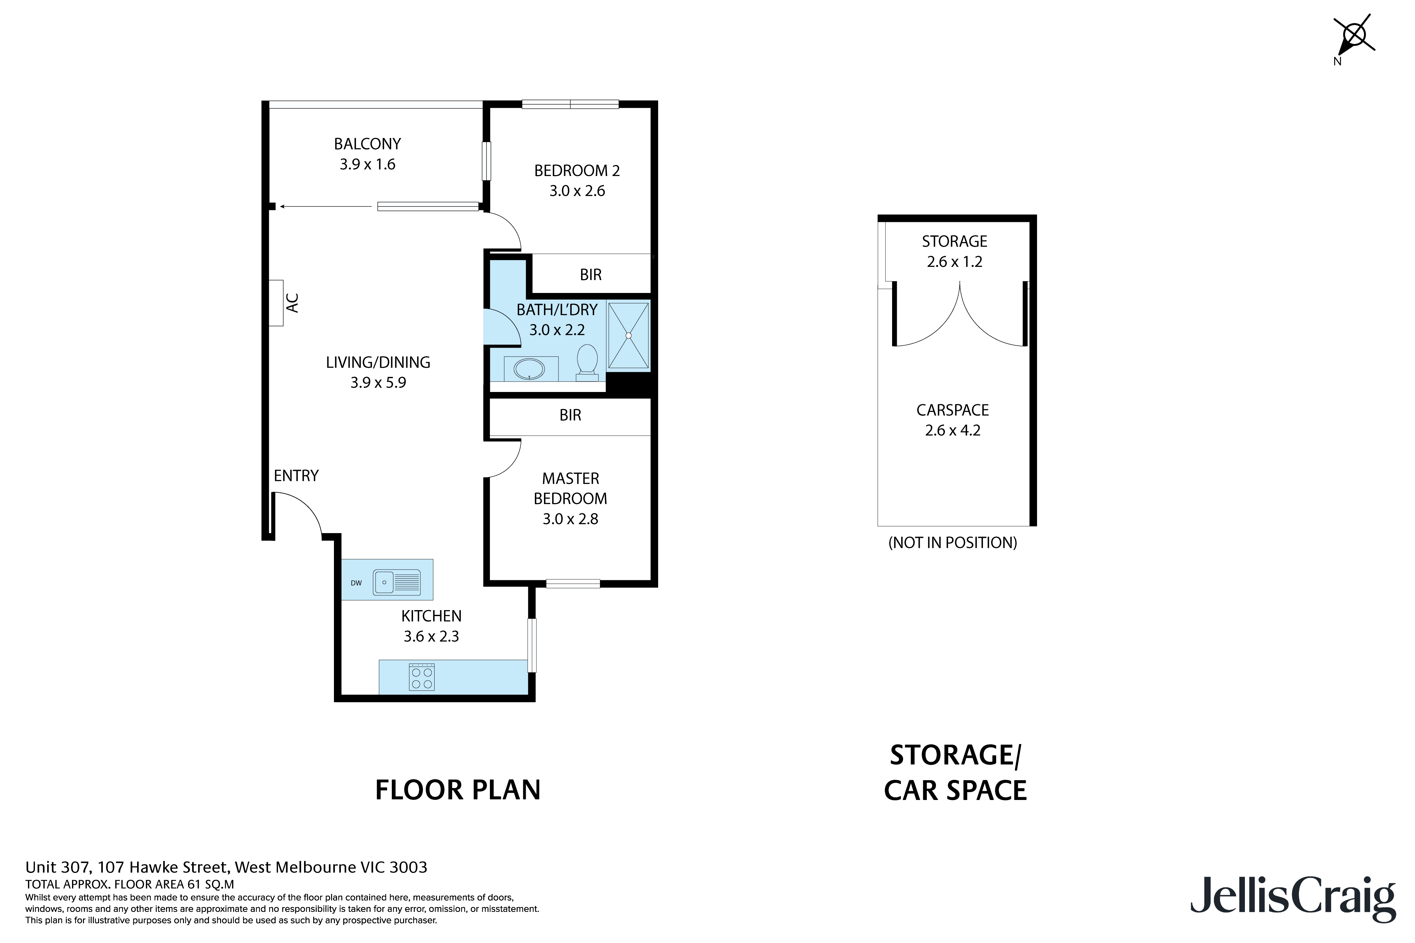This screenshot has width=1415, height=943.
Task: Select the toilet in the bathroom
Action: (x=586, y=362)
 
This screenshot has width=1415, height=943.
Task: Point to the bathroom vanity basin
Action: (x=528, y=369)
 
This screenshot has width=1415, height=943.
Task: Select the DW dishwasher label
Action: (x=356, y=583)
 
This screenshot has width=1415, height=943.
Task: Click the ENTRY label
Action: (x=296, y=476)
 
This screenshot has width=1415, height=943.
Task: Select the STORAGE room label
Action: (x=954, y=241)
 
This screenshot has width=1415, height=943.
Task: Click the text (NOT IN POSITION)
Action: (x=952, y=543)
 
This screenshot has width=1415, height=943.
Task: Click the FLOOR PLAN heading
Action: (x=458, y=790)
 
